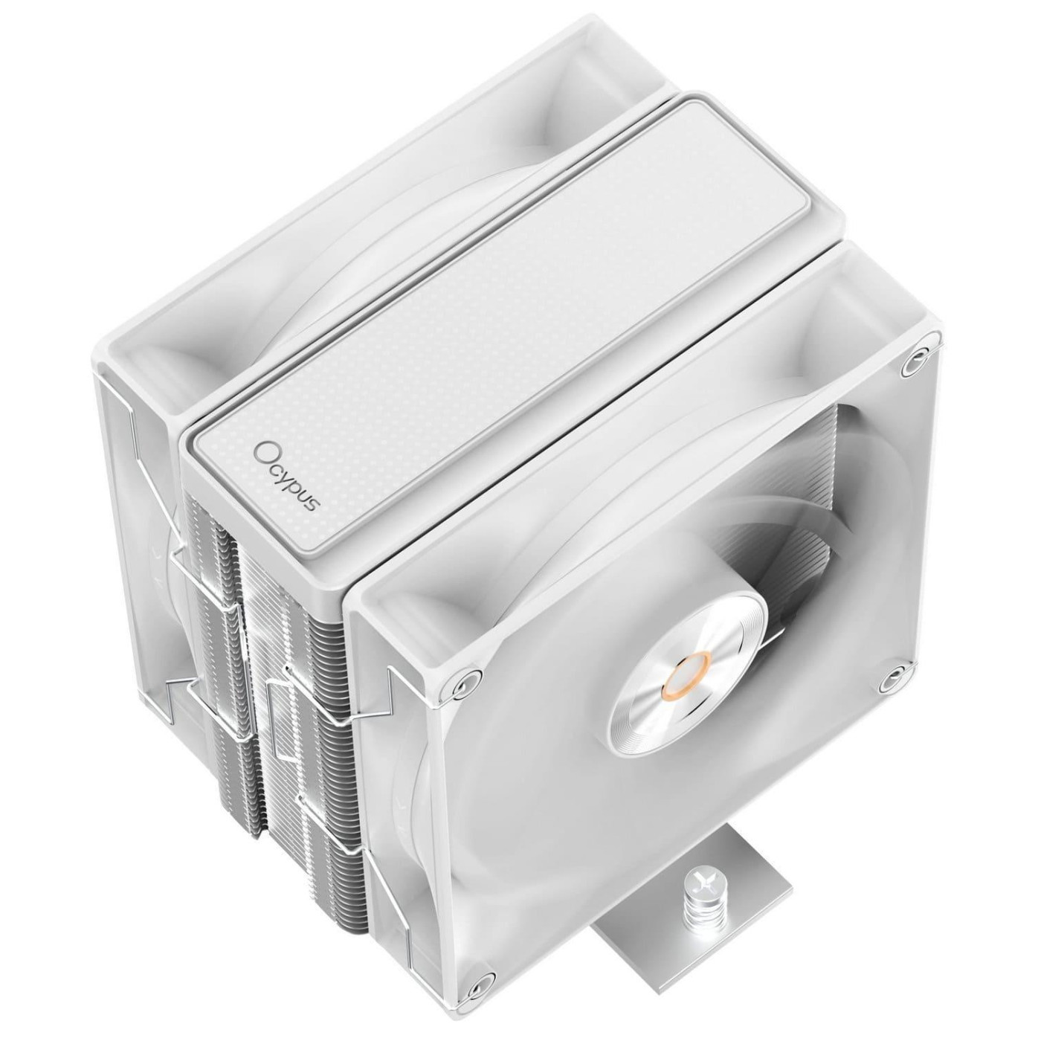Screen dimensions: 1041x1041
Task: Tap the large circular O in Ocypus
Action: click(262, 451)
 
